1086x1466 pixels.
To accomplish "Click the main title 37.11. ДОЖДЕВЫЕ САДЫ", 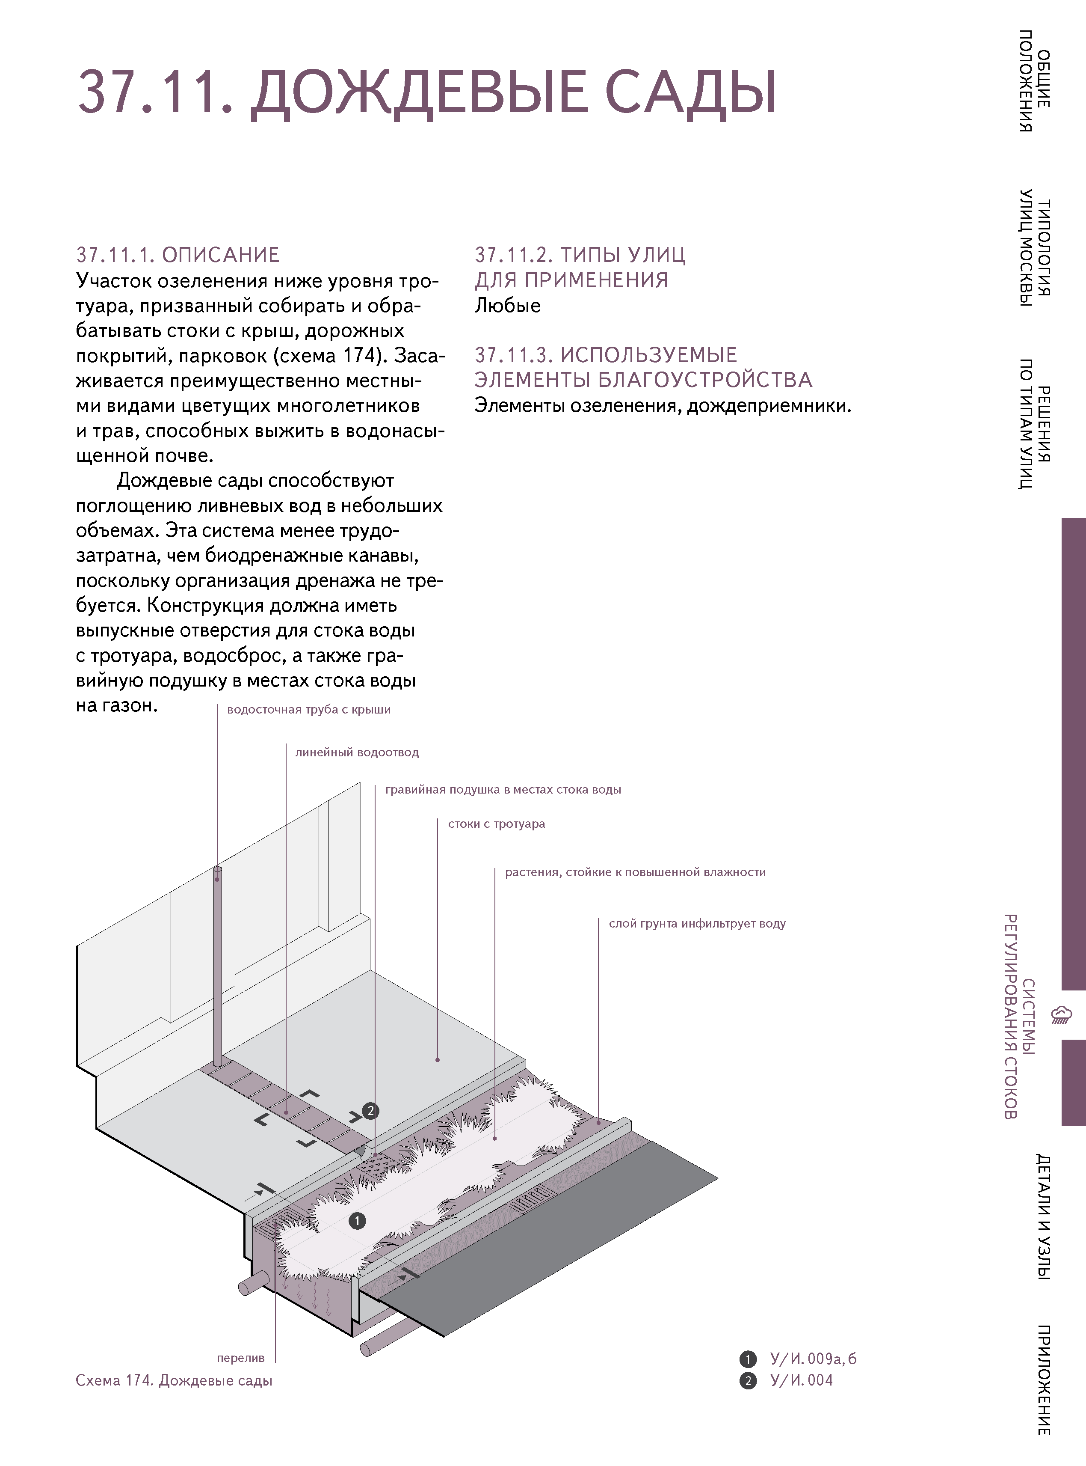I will point(427,92).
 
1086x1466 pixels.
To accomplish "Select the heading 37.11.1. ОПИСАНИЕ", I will point(178,255).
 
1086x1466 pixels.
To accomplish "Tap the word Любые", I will point(508,306).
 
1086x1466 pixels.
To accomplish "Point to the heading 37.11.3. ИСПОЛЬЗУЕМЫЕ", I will point(606,355).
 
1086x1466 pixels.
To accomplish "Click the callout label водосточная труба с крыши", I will point(308,710).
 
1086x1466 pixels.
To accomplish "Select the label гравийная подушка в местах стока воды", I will point(503,790).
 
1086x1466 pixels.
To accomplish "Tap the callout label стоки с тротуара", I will point(496,824).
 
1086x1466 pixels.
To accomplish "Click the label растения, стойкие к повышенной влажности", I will point(635,873).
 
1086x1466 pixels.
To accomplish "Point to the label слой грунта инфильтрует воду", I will point(697,924).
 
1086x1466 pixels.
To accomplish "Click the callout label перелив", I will point(241,1358).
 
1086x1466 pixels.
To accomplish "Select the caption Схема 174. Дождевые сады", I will point(174,1380).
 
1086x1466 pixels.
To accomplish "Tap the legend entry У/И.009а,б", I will point(813,1359).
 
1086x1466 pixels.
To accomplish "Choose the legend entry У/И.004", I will point(802,1380).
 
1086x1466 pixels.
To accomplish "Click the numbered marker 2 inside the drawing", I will point(371,1111).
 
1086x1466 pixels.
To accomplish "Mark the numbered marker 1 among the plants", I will point(357,1221).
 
